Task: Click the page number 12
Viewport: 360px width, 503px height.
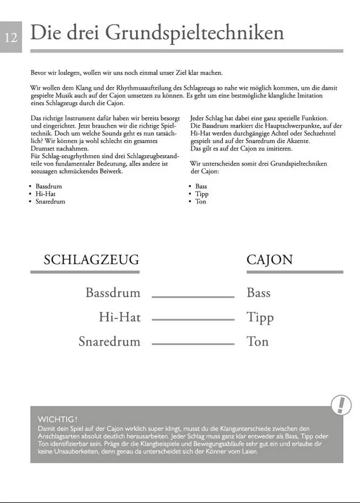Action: click(11, 37)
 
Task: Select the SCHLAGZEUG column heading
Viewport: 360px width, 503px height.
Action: click(91, 260)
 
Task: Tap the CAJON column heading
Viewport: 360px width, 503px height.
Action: click(269, 260)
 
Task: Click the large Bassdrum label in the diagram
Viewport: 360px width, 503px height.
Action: click(112, 292)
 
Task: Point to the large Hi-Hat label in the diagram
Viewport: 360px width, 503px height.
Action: click(119, 317)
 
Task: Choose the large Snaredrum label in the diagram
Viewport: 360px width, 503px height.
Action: click(109, 341)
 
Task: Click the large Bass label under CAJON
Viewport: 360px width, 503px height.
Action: click(258, 292)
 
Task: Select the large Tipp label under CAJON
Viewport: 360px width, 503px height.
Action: click(260, 317)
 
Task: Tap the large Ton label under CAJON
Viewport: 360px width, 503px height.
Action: click(257, 341)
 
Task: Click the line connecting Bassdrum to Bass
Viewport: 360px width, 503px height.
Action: click(193, 296)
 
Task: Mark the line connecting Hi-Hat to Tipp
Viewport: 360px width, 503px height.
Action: click(193, 320)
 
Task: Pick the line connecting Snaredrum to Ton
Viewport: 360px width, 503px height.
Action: click(193, 344)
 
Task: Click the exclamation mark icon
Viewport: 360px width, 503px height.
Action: click(342, 405)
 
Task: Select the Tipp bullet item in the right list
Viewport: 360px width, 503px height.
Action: click(201, 194)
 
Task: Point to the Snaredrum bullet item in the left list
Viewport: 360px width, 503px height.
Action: click(50, 202)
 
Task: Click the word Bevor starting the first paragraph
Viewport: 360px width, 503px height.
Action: click(39, 73)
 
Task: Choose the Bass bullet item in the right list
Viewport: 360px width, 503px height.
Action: click(201, 187)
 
